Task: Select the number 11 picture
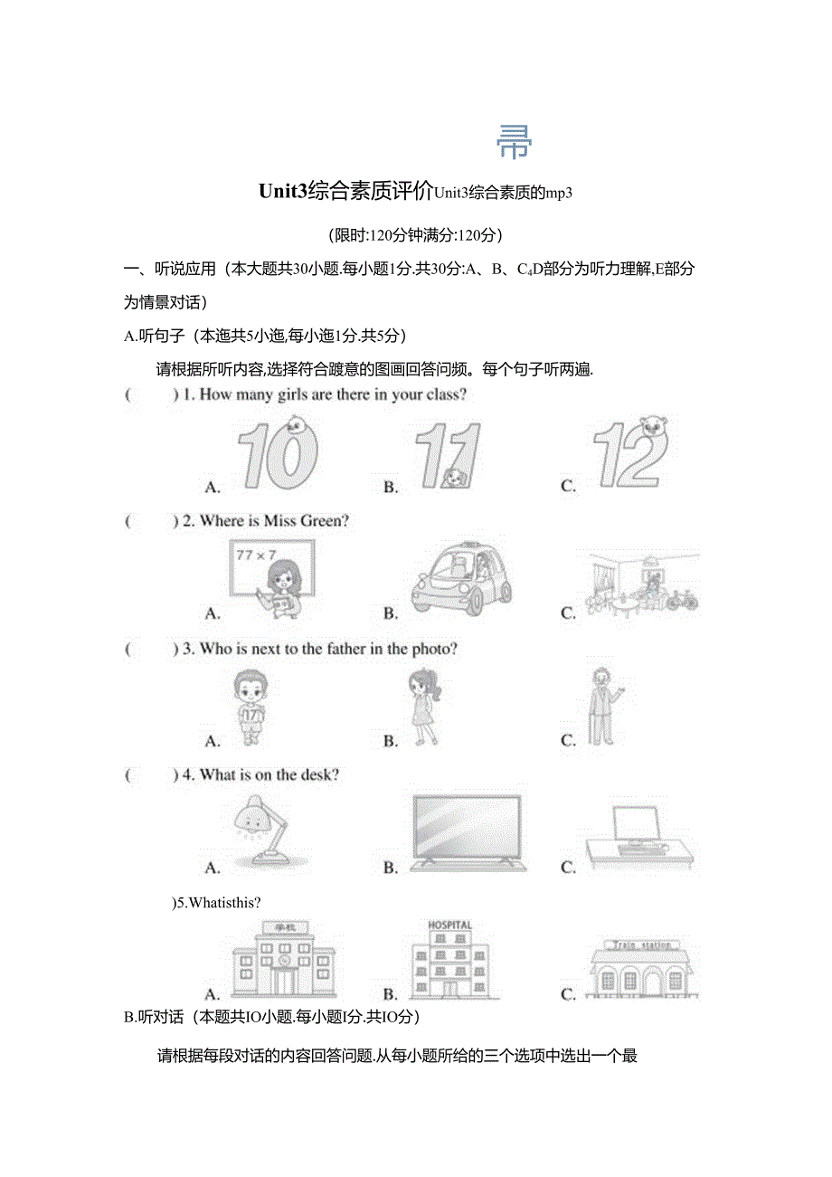[447, 457]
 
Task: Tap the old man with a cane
[600, 706]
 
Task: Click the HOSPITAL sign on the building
[449, 925]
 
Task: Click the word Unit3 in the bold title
[283, 192]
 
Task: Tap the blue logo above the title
[515, 141]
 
